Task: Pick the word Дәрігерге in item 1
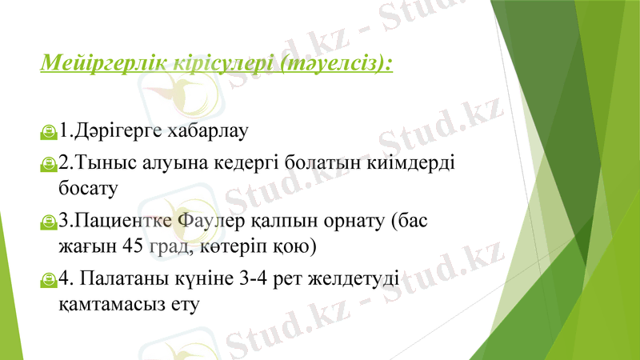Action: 118,128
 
